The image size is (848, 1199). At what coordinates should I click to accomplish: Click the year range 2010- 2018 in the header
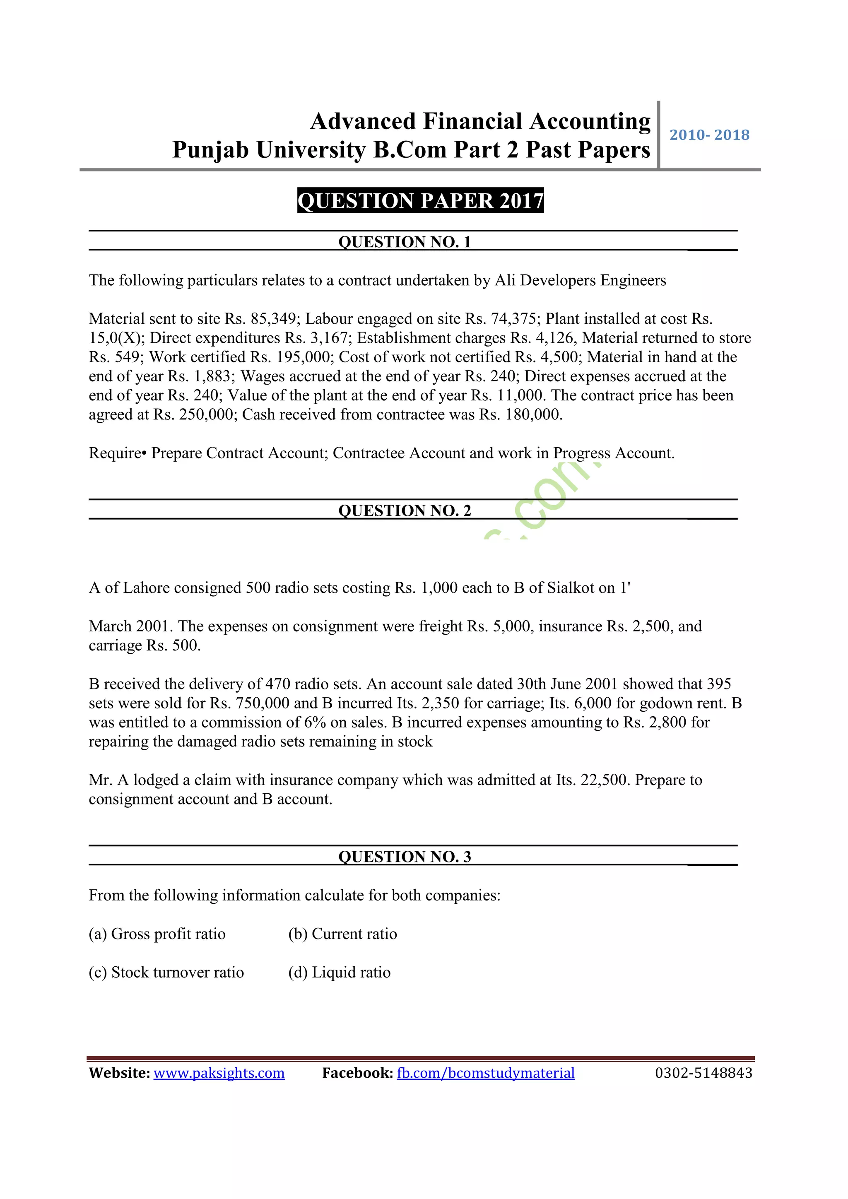click(x=709, y=135)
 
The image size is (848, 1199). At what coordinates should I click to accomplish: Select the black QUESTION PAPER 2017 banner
click(x=420, y=200)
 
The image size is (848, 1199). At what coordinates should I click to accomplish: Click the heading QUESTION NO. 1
click(x=405, y=242)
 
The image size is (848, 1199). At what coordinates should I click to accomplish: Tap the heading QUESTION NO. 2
click(x=405, y=510)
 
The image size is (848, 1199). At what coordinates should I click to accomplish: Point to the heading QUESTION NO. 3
click(x=405, y=857)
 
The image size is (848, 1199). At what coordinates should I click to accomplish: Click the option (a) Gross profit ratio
click(x=157, y=934)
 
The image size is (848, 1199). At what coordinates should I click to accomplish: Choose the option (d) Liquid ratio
click(x=340, y=973)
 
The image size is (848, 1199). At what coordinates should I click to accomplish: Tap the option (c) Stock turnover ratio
click(x=166, y=973)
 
